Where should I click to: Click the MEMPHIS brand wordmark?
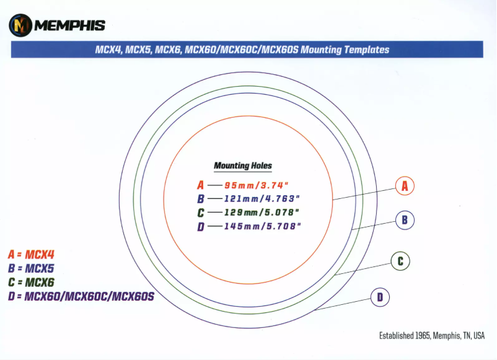[x=69, y=25]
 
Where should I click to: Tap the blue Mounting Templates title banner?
[x=247, y=50]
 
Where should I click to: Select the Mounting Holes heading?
[x=243, y=165]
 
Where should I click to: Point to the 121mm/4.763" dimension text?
[x=263, y=199]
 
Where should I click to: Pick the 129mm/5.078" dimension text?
[x=263, y=213]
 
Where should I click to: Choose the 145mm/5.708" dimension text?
[x=263, y=226]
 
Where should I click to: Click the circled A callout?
[x=405, y=185]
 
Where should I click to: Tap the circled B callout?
[x=405, y=219]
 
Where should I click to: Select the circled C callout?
[x=400, y=261]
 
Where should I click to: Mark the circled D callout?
[x=380, y=298]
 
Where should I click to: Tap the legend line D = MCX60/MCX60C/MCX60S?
[x=81, y=297]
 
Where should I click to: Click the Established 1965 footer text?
[x=432, y=335]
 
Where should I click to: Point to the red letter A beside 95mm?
[x=200, y=185]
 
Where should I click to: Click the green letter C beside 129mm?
[x=200, y=213]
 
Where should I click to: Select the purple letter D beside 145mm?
[x=200, y=226]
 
